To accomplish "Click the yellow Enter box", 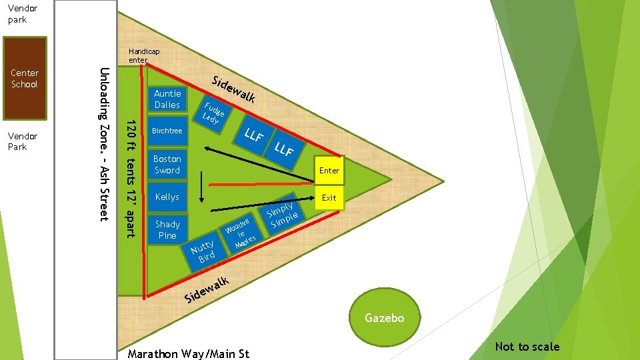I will [329, 171].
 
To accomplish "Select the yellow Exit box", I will [329, 198].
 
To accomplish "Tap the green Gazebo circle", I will [385, 318].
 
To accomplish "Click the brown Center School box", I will [24, 79].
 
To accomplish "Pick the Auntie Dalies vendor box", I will [167, 99].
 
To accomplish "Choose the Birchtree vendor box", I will [167, 131].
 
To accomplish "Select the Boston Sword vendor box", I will [167, 165].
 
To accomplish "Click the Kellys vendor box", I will [167, 197].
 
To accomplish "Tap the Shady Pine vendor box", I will [167, 230].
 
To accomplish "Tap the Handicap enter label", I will [144, 55].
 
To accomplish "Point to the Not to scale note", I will [527, 347].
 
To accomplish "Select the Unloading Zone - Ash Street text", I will [104, 144].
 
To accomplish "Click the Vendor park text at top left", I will [17, 14].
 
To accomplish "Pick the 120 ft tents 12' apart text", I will [131, 178].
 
